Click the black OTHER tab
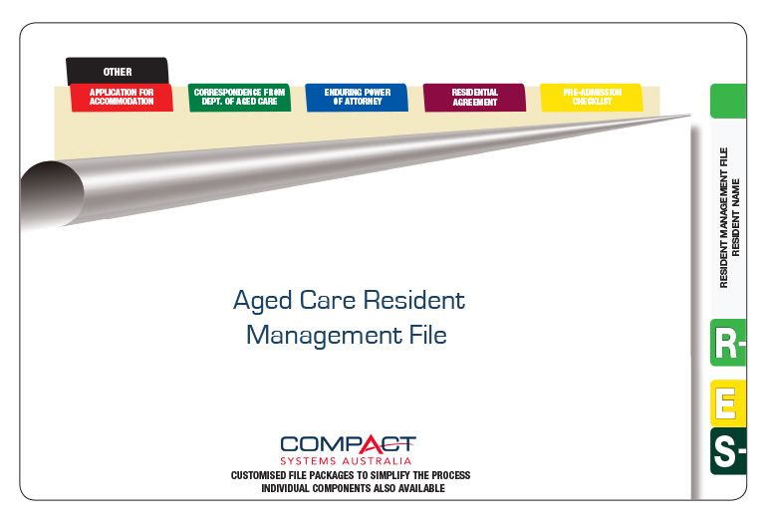coord(118,71)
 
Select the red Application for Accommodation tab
coord(122,97)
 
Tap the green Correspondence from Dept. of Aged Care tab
coord(240,97)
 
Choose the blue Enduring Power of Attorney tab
coord(357,97)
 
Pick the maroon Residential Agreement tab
coord(475,97)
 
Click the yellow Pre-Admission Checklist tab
coord(592,97)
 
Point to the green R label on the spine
coord(728,343)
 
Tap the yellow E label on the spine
coord(728,402)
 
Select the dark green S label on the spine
coord(728,451)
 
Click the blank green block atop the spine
coord(728,101)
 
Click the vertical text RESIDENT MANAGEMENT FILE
coord(723,217)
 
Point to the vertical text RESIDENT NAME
coord(735,217)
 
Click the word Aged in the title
coord(263,300)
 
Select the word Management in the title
coord(324,335)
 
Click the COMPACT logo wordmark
coord(348,444)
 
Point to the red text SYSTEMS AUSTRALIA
coord(346,461)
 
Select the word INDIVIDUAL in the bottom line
coord(285,488)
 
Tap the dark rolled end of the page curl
coord(51,194)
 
